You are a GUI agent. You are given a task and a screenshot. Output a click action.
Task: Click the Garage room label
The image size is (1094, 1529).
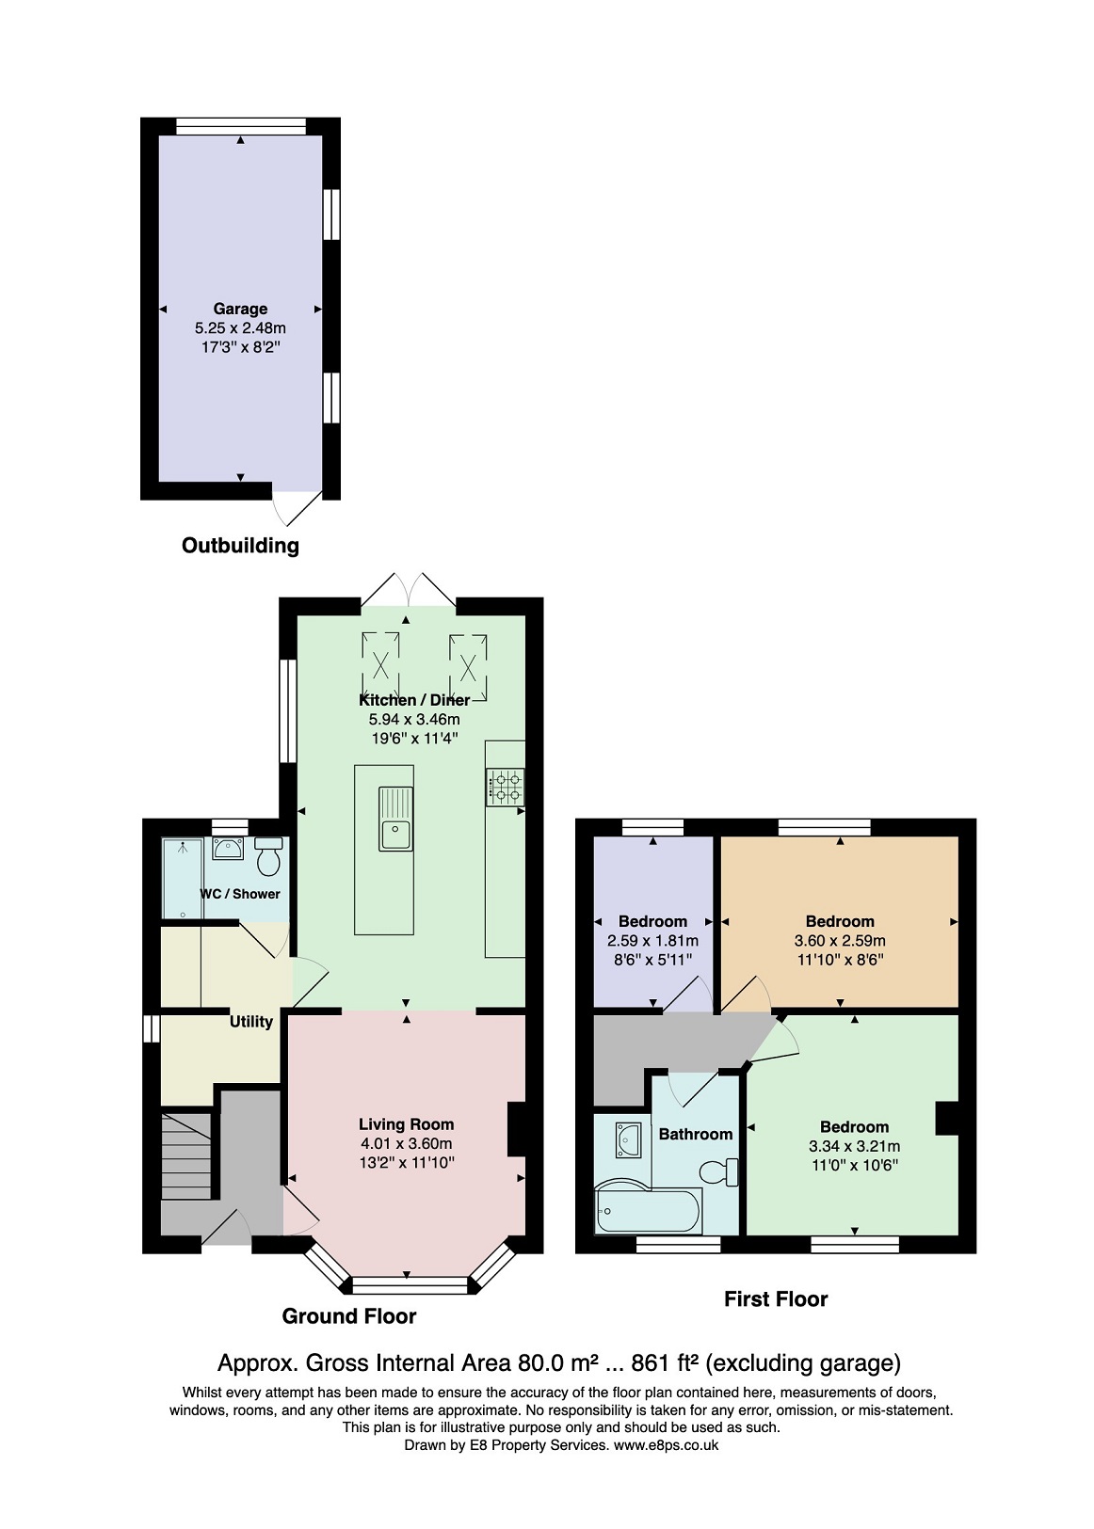pyautogui.click(x=240, y=309)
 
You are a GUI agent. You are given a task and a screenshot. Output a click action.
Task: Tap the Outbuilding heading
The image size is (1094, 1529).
pyautogui.click(x=240, y=546)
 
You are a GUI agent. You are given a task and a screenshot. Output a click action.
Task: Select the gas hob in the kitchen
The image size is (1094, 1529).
pyautogui.click(x=506, y=786)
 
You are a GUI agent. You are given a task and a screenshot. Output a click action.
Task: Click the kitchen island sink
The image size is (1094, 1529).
pyautogui.click(x=396, y=820)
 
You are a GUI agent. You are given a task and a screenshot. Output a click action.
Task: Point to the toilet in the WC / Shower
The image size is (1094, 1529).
pyautogui.click(x=268, y=857)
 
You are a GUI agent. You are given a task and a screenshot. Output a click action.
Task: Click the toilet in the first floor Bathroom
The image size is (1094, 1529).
pyautogui.click(x=717, y=1171)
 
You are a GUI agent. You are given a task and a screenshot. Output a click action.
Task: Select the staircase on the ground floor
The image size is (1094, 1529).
pyautogui.click(x=186, y=1155)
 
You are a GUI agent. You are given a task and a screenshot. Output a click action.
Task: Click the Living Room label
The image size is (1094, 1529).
pyautogui.click(x=407, y=1124)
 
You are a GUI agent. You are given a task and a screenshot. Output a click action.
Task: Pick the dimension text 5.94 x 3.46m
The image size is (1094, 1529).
pyautogui.click(x=414, y=719)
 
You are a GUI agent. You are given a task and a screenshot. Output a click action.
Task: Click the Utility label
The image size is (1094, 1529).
pyautogui.click(x=250, y=1021)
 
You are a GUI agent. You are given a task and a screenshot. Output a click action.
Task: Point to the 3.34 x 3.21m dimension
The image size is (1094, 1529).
pyautogui.click(x=854, y=1146)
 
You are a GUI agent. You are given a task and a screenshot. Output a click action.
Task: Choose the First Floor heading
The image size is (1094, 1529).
pyautogui.click(x=776, y=1299)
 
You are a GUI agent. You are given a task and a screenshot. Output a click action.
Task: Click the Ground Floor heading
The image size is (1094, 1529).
pyautogui.click(x=349, y=1316)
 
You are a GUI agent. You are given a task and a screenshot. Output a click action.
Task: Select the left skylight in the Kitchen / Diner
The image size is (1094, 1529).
pyautogui.click(x=380, y=664)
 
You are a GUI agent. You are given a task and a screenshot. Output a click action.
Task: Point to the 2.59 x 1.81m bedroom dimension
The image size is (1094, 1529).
pyautogui.click(x=652, y=941)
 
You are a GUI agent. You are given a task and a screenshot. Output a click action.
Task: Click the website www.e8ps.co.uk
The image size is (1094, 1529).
pyautogui.click(x=666, y=1445)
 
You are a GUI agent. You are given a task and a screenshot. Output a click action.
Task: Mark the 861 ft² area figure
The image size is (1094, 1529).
pyautogui.click(x=665, y=1362)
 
